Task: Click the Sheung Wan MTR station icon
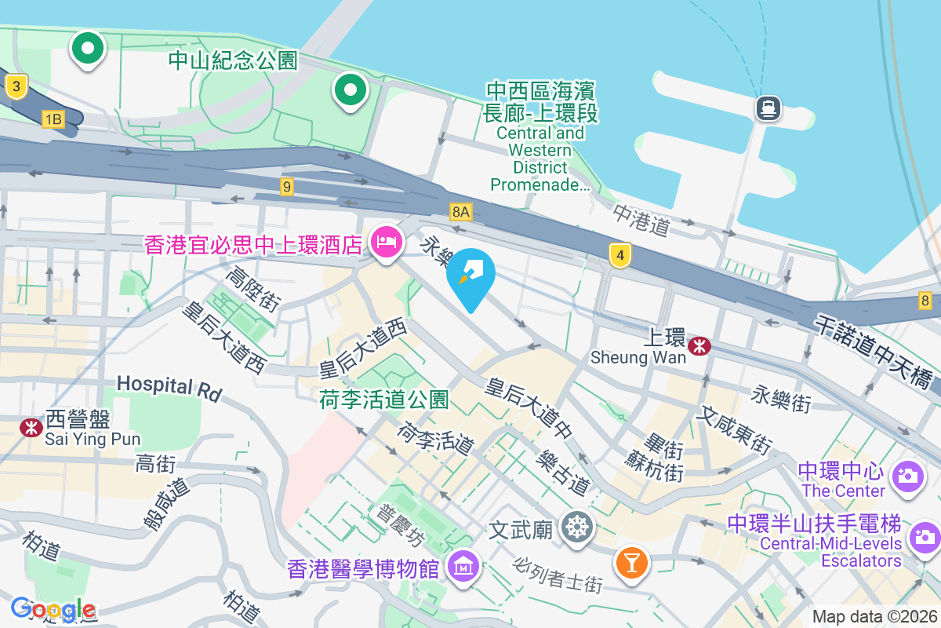coord(698,345)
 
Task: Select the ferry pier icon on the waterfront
coord(767,108)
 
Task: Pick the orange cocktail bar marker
coord(631,562)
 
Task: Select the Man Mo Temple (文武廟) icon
coord(578,527)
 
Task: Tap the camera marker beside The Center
coord(908,475)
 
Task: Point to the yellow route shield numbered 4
coord(620,255)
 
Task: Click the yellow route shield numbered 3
coord(16,86)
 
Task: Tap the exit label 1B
coord(53,119)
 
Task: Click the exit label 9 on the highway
coord(287,187)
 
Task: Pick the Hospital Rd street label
coord(169,386)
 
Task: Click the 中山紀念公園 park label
coord(234,60)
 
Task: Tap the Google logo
coord(53,608)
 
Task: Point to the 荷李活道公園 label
coord(383,400)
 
